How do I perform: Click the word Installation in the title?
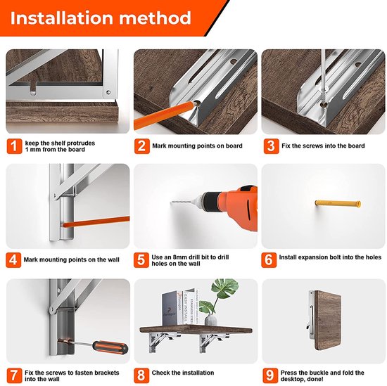coord(62,18)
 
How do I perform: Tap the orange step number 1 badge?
coord(14,146)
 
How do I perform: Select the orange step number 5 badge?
coord(141,260)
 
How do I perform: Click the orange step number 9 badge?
coord(269,375)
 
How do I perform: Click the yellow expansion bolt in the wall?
coord(338,204)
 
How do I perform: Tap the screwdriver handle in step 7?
coord(110,347)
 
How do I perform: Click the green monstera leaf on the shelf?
coord(224,288)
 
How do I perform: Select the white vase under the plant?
coord(211,320)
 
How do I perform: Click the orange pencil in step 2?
coord(165,115)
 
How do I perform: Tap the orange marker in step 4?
coord(96,221)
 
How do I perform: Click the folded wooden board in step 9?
coord(328,321)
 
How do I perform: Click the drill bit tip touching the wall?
coord(171,202)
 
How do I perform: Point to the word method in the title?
coord(156,18)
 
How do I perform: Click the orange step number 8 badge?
coord(141,375)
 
